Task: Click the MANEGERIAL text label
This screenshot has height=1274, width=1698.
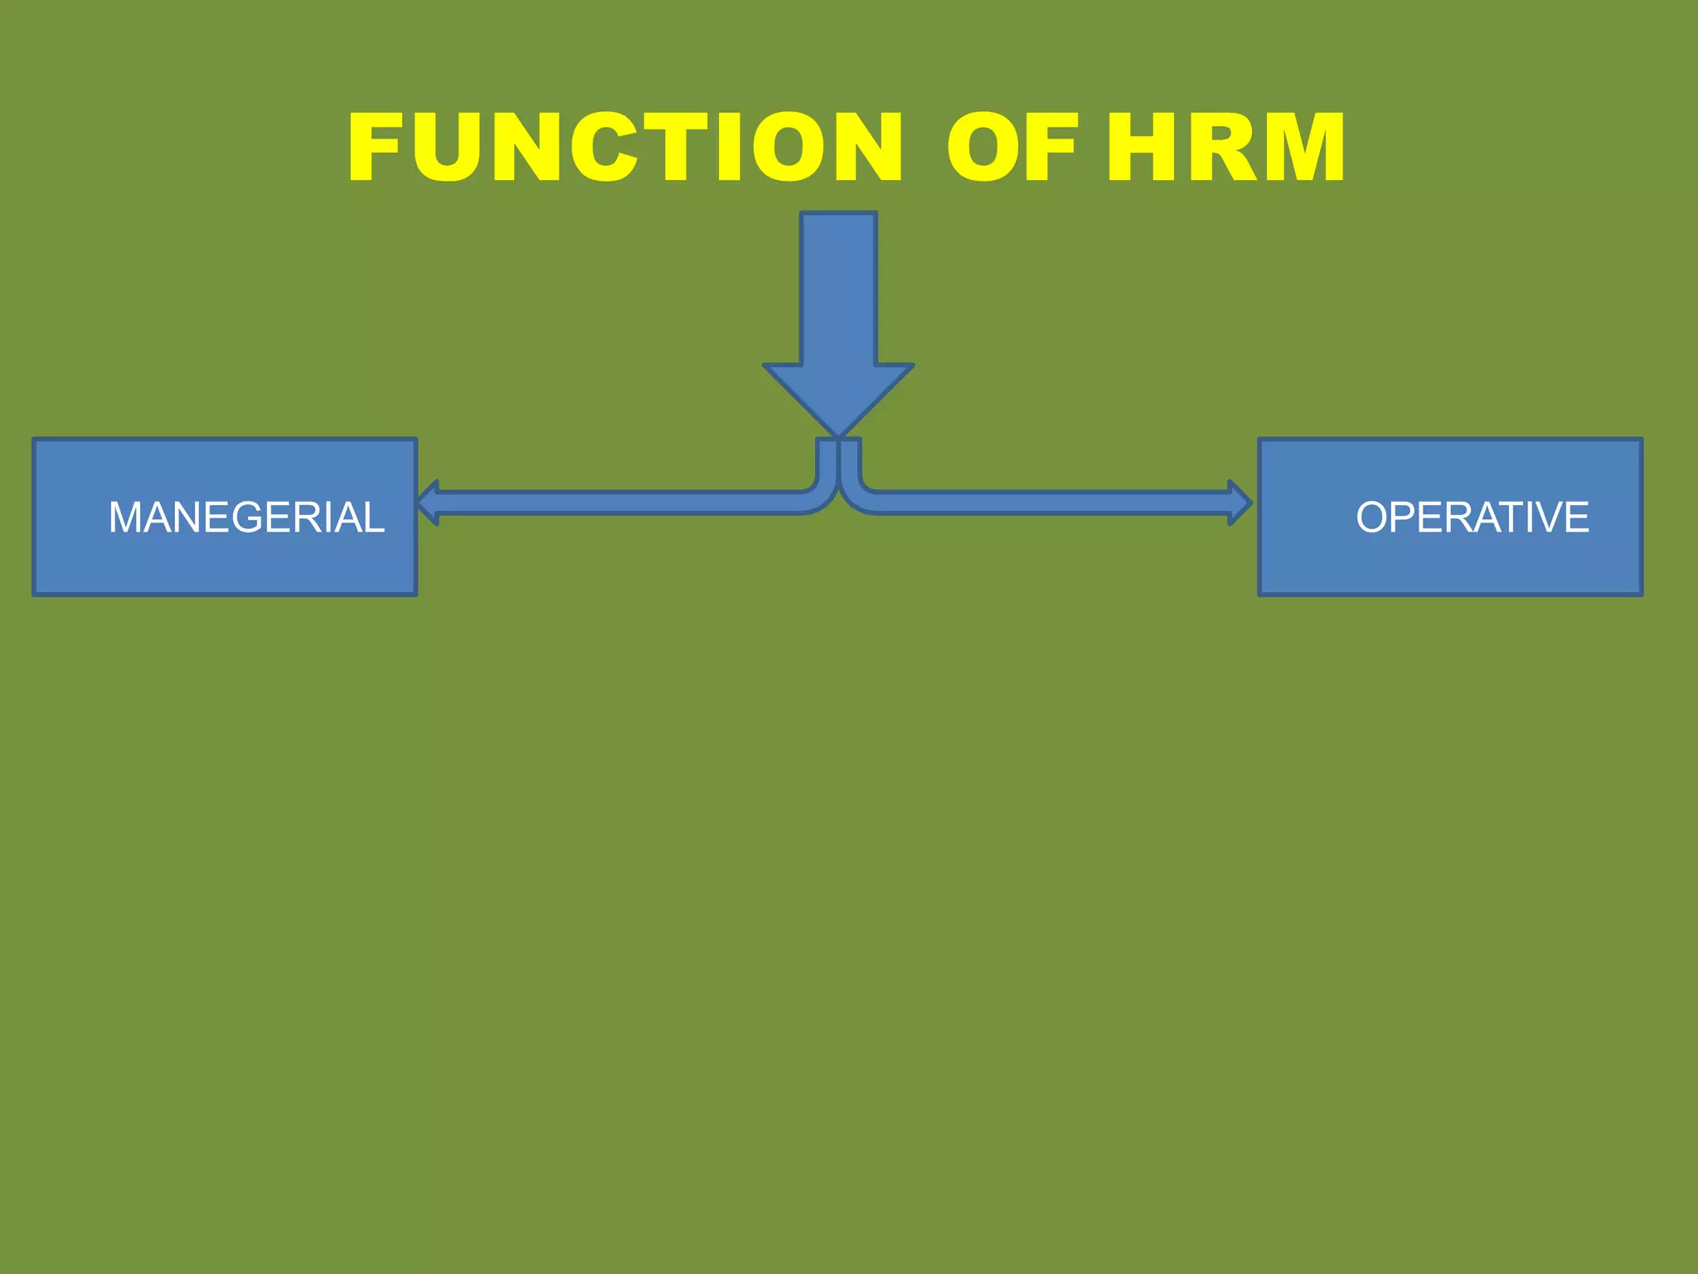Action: tap(246, 518)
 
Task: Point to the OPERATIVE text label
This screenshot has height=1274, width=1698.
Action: tap(1472, 518)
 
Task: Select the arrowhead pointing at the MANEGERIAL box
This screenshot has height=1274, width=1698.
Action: tap(428, 503)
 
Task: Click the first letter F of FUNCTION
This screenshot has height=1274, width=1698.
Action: tap(377, 148)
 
